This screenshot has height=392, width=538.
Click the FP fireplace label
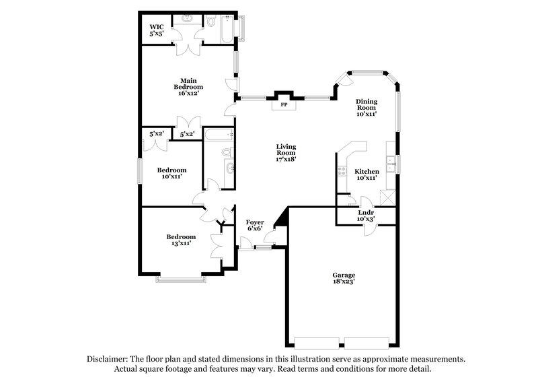click(284, 105)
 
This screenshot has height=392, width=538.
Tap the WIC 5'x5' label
click(157, 30)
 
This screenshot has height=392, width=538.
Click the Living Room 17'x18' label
click(286, 153)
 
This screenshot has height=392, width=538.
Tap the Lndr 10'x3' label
click(366, 216)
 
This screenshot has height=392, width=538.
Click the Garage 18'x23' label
click(344, 278)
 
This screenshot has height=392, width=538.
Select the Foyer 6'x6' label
click(255, 225)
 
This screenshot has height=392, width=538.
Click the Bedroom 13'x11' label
click(181, 240)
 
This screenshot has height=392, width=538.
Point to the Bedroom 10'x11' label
click(171, 173)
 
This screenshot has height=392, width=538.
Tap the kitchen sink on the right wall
click(390, 161)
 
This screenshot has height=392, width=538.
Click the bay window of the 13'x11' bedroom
click(179, 276)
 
